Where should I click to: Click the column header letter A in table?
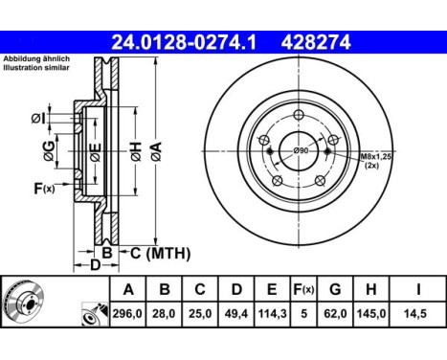pos(129,288)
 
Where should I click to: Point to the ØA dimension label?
pos(155,149)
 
